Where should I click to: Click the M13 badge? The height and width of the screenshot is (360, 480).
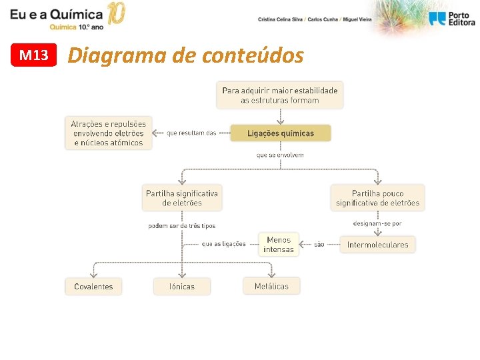(34, 55)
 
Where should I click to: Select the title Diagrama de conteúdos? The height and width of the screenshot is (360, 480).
(185, 55)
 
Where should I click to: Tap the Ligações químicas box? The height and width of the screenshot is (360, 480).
(280, 133)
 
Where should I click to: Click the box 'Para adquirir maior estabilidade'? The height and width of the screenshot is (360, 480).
(280, 95)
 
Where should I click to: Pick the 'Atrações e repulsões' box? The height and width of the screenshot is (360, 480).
(109, 133)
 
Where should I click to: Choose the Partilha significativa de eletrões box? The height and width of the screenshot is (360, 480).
(182, 198)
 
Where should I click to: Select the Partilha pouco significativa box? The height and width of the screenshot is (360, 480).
(377, 198)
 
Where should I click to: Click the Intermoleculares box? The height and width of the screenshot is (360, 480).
(377, 245)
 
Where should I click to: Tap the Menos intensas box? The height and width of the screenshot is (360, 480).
(279, 245)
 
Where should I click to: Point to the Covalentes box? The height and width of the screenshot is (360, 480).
(93, 287)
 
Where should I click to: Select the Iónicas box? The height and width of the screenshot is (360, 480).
(182, 287)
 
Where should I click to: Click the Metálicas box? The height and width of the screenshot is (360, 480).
(271, 286)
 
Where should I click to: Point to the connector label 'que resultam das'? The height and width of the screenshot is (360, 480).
(191, 133)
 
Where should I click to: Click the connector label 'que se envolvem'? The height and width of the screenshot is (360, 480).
(280, 155)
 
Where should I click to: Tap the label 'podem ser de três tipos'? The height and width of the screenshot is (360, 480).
(182, 226)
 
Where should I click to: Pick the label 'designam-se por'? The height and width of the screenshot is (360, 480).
(377, 223)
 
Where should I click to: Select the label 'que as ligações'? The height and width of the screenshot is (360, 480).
(223, 244)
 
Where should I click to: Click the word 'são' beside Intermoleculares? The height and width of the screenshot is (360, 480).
(319, 245)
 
